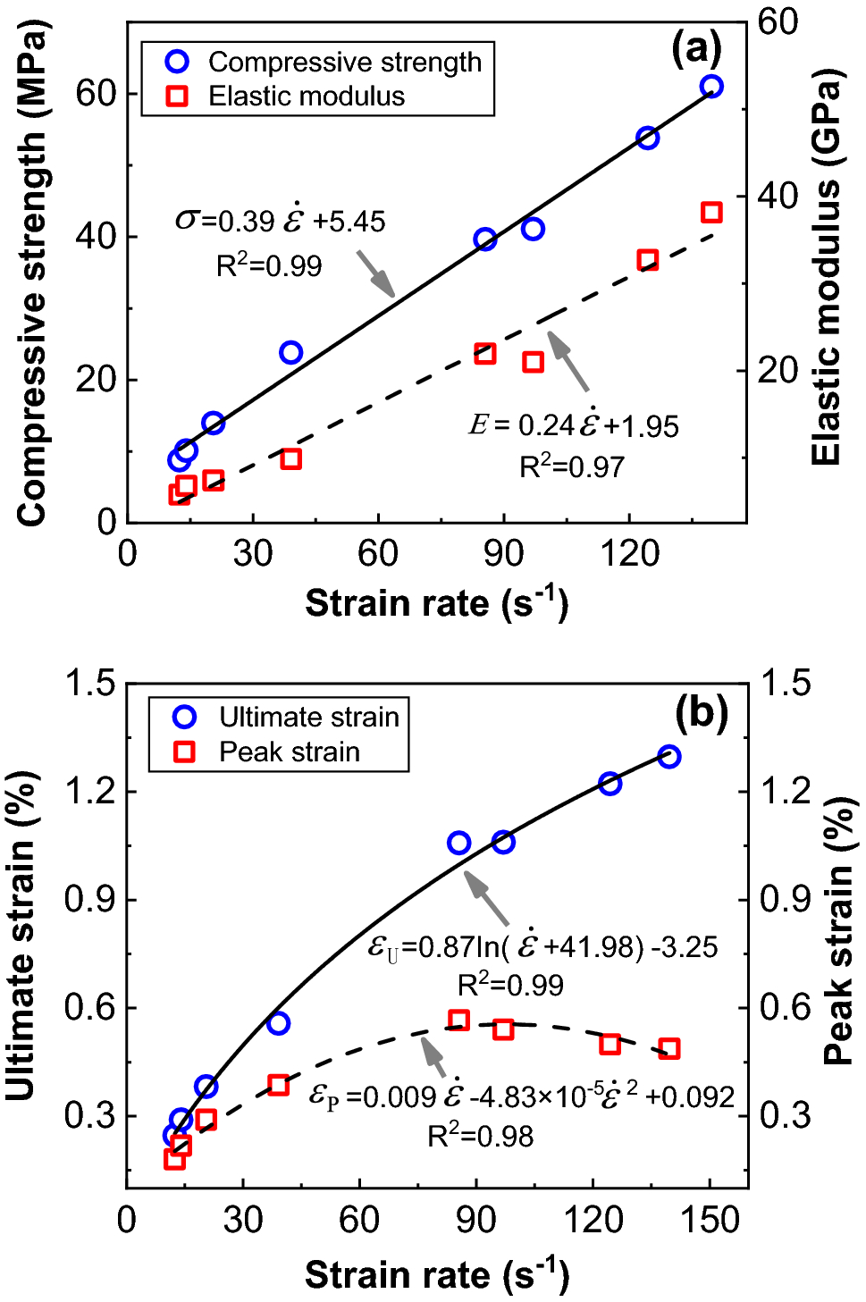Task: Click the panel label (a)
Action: point(696,48)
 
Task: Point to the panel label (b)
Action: point(702,713)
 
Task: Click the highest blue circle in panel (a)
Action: point(711,87)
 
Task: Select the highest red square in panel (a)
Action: point(711,213)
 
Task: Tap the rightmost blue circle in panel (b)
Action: point(669,757)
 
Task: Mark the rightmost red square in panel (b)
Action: point(669,1049)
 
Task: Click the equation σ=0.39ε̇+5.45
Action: point(281,221)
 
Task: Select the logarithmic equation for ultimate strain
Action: point(542,946)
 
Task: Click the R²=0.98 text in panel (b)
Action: point(480,1137)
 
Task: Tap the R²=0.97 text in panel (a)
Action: point(572,466)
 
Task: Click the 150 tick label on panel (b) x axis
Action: point(710,1221)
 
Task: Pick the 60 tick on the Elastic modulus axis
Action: point(778,22)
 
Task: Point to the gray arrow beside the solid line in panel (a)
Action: point(375,273)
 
